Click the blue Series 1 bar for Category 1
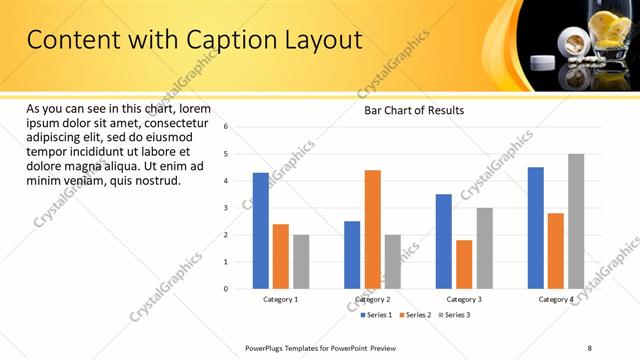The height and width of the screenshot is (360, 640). point(261,231)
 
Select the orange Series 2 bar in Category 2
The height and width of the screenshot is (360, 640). point(373,229)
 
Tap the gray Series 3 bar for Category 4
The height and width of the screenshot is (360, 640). point(576,221)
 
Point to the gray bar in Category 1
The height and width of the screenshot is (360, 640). point(301,262)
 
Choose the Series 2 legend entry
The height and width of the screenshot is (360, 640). point(416,315)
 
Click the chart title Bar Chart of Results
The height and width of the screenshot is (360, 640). point(413,110)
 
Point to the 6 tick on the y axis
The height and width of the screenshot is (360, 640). point(226,127)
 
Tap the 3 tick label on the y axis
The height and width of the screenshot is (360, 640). point(226,208)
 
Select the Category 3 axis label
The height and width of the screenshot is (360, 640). point(463,300)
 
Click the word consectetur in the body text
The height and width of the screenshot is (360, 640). point(175,123)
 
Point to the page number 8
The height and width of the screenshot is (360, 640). point(588,347)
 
